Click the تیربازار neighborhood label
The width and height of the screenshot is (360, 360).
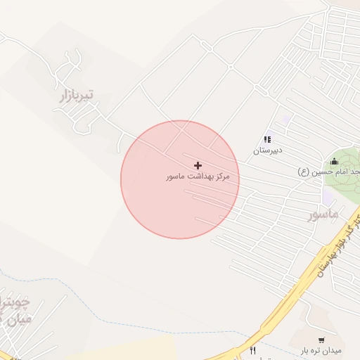pyautogui.click(x=77, y=96)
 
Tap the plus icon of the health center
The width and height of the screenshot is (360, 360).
pyautogui.click(x=198, y=165)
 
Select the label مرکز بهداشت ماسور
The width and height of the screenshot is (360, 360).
pyautogui.click(x=198, y=176)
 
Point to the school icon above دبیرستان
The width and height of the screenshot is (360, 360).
pyautogui.click(x=267, y=140)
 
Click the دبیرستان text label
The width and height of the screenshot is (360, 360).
pyautogui.click(x=267, y=150)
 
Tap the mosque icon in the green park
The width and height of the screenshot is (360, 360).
pyautogui.click(x=333, y=161)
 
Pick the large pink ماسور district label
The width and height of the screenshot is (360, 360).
pyautogui.click(x=323, y=213)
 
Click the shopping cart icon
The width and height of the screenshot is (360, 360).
pyautogui.click(x=321, y=340)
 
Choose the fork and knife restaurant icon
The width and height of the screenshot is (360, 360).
pyautogui.click(x=252, y=350)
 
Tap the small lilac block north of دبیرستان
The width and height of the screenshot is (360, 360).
pyautogui.click(x=286, y=119)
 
